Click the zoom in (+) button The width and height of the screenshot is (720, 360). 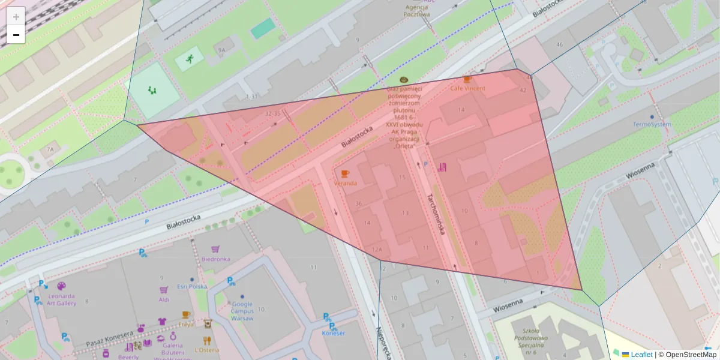coord(16,17)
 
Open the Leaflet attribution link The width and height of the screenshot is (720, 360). coord(641,355)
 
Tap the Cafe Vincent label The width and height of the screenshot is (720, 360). coord(467,88)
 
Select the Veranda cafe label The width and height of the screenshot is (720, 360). coord(345,183)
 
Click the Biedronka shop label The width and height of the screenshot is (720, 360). coord(215,259)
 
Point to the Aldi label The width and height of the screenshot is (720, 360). coord(164,299)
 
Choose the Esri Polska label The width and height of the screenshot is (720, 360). coord(196,287)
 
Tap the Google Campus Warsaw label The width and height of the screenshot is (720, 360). coord(242,311)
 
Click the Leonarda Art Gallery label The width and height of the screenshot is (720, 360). coord(62,299)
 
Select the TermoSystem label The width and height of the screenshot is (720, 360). coord(652,124)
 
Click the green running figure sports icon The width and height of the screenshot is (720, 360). coord(190,58)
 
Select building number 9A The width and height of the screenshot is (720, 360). coord(221,50)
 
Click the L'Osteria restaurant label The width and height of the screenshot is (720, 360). coord(206,350)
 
